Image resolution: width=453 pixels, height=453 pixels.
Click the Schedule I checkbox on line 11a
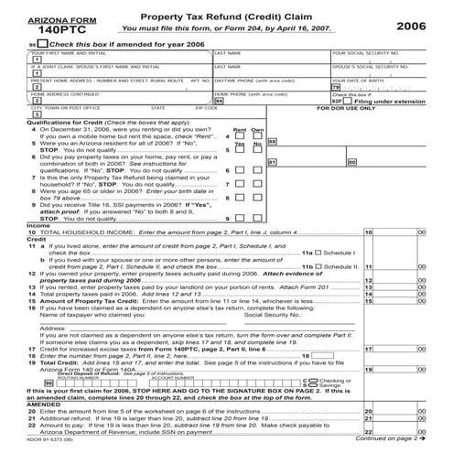346,252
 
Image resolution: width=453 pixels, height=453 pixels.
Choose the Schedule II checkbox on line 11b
346,266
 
